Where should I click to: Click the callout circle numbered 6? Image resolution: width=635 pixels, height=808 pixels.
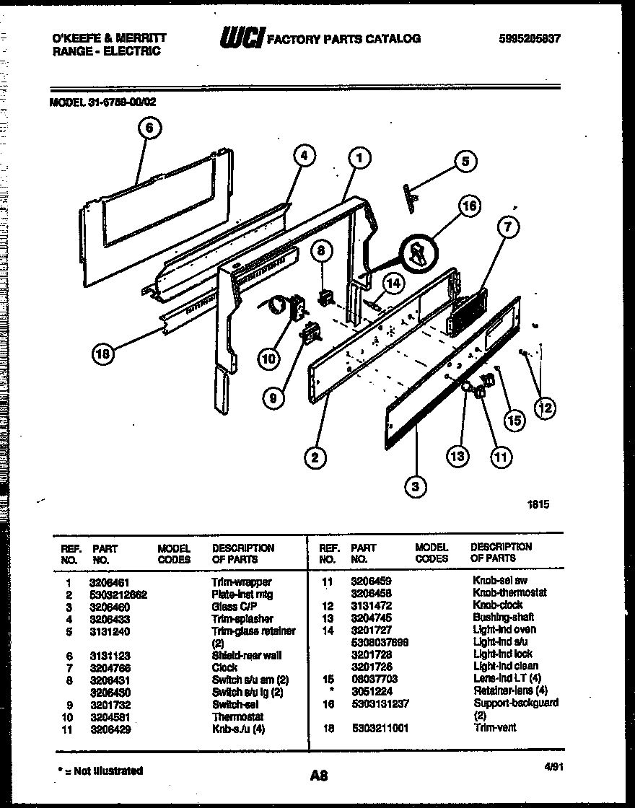click(x=149, y=128)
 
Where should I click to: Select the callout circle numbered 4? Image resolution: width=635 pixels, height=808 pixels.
click(x=305, y=154)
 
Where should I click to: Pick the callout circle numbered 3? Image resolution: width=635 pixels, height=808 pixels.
click(x=415, y=487)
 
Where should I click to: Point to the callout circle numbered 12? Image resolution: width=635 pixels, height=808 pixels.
click(x=546, y=408)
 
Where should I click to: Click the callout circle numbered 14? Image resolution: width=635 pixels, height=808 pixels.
click(x=391, y=284)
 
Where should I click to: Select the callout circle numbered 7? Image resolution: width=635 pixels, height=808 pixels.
click(x=508, y=228)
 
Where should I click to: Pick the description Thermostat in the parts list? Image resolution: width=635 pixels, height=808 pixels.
click(x=237, y=717)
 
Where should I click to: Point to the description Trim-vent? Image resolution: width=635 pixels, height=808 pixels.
click(x=495, y=728)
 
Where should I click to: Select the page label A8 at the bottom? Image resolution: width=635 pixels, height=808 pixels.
click(x=319, y=776)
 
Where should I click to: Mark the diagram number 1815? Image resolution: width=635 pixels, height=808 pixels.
click(x=538, y=505)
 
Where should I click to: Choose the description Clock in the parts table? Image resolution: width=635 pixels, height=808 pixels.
click(x=224, y=668)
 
